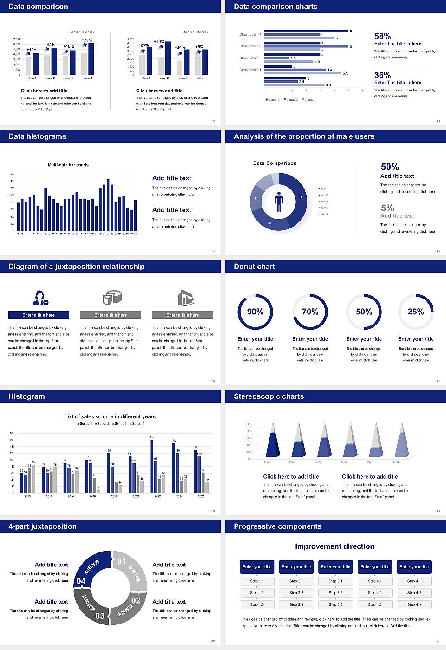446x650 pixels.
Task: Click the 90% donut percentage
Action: coord(255,312)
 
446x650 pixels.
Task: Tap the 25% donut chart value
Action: coord(416,312)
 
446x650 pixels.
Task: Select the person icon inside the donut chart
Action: coord(279,201)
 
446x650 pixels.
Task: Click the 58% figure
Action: coord(382,36)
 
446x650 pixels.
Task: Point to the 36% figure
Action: coord(382,75)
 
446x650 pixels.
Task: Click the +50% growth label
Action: coord(159,42)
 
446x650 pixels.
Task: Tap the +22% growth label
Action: coord(87,40)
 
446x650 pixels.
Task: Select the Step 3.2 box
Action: coord(335,593)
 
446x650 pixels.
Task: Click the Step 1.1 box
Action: coord(257,581)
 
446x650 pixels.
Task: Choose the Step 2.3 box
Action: coord(296,604)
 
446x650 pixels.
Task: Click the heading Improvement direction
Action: coord(334,546)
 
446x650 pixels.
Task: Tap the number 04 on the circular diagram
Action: coord(81,581)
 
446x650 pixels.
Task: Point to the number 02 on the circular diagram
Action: coord(136,600)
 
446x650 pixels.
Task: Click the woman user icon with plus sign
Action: coord(40,298)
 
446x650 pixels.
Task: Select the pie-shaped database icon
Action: coord(111,298)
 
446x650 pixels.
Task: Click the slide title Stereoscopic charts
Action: coord(269,396)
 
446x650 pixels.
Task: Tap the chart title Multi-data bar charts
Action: coord(68,165)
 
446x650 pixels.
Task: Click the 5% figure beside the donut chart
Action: coord(387,208)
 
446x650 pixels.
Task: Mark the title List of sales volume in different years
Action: coord(110,416)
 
